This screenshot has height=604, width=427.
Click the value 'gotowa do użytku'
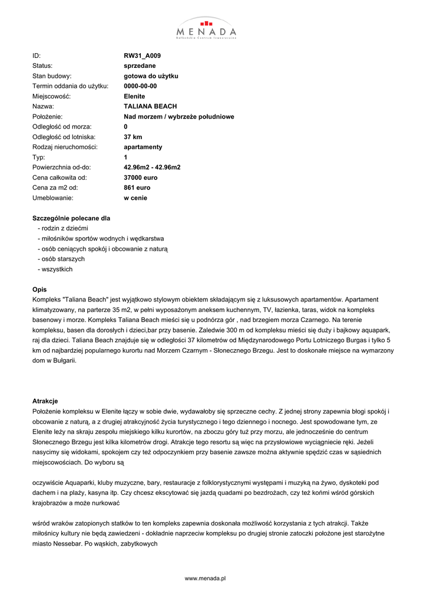tap(151, 76)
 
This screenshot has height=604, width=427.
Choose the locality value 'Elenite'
tap(134, 96)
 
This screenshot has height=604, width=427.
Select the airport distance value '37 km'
tap(133, 137)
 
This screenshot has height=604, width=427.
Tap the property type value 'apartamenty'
tap(143, 147)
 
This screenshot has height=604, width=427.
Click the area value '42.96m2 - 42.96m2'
tap(152, 168)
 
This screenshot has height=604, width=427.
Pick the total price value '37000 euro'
tap(141, 178)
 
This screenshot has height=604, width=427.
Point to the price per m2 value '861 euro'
tap(137, 188)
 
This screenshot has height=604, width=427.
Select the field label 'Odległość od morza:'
tap(62, 127)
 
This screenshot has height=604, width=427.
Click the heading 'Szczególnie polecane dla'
tap(71, 218)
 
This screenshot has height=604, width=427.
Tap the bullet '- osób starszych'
tap(61, 259)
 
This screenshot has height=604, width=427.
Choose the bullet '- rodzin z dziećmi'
tap(62, 228)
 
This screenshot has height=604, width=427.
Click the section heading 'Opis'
tap(39, 290)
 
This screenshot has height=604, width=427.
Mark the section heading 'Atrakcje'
tap(45, 401)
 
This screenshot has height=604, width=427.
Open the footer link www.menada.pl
tap(206, 579)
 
